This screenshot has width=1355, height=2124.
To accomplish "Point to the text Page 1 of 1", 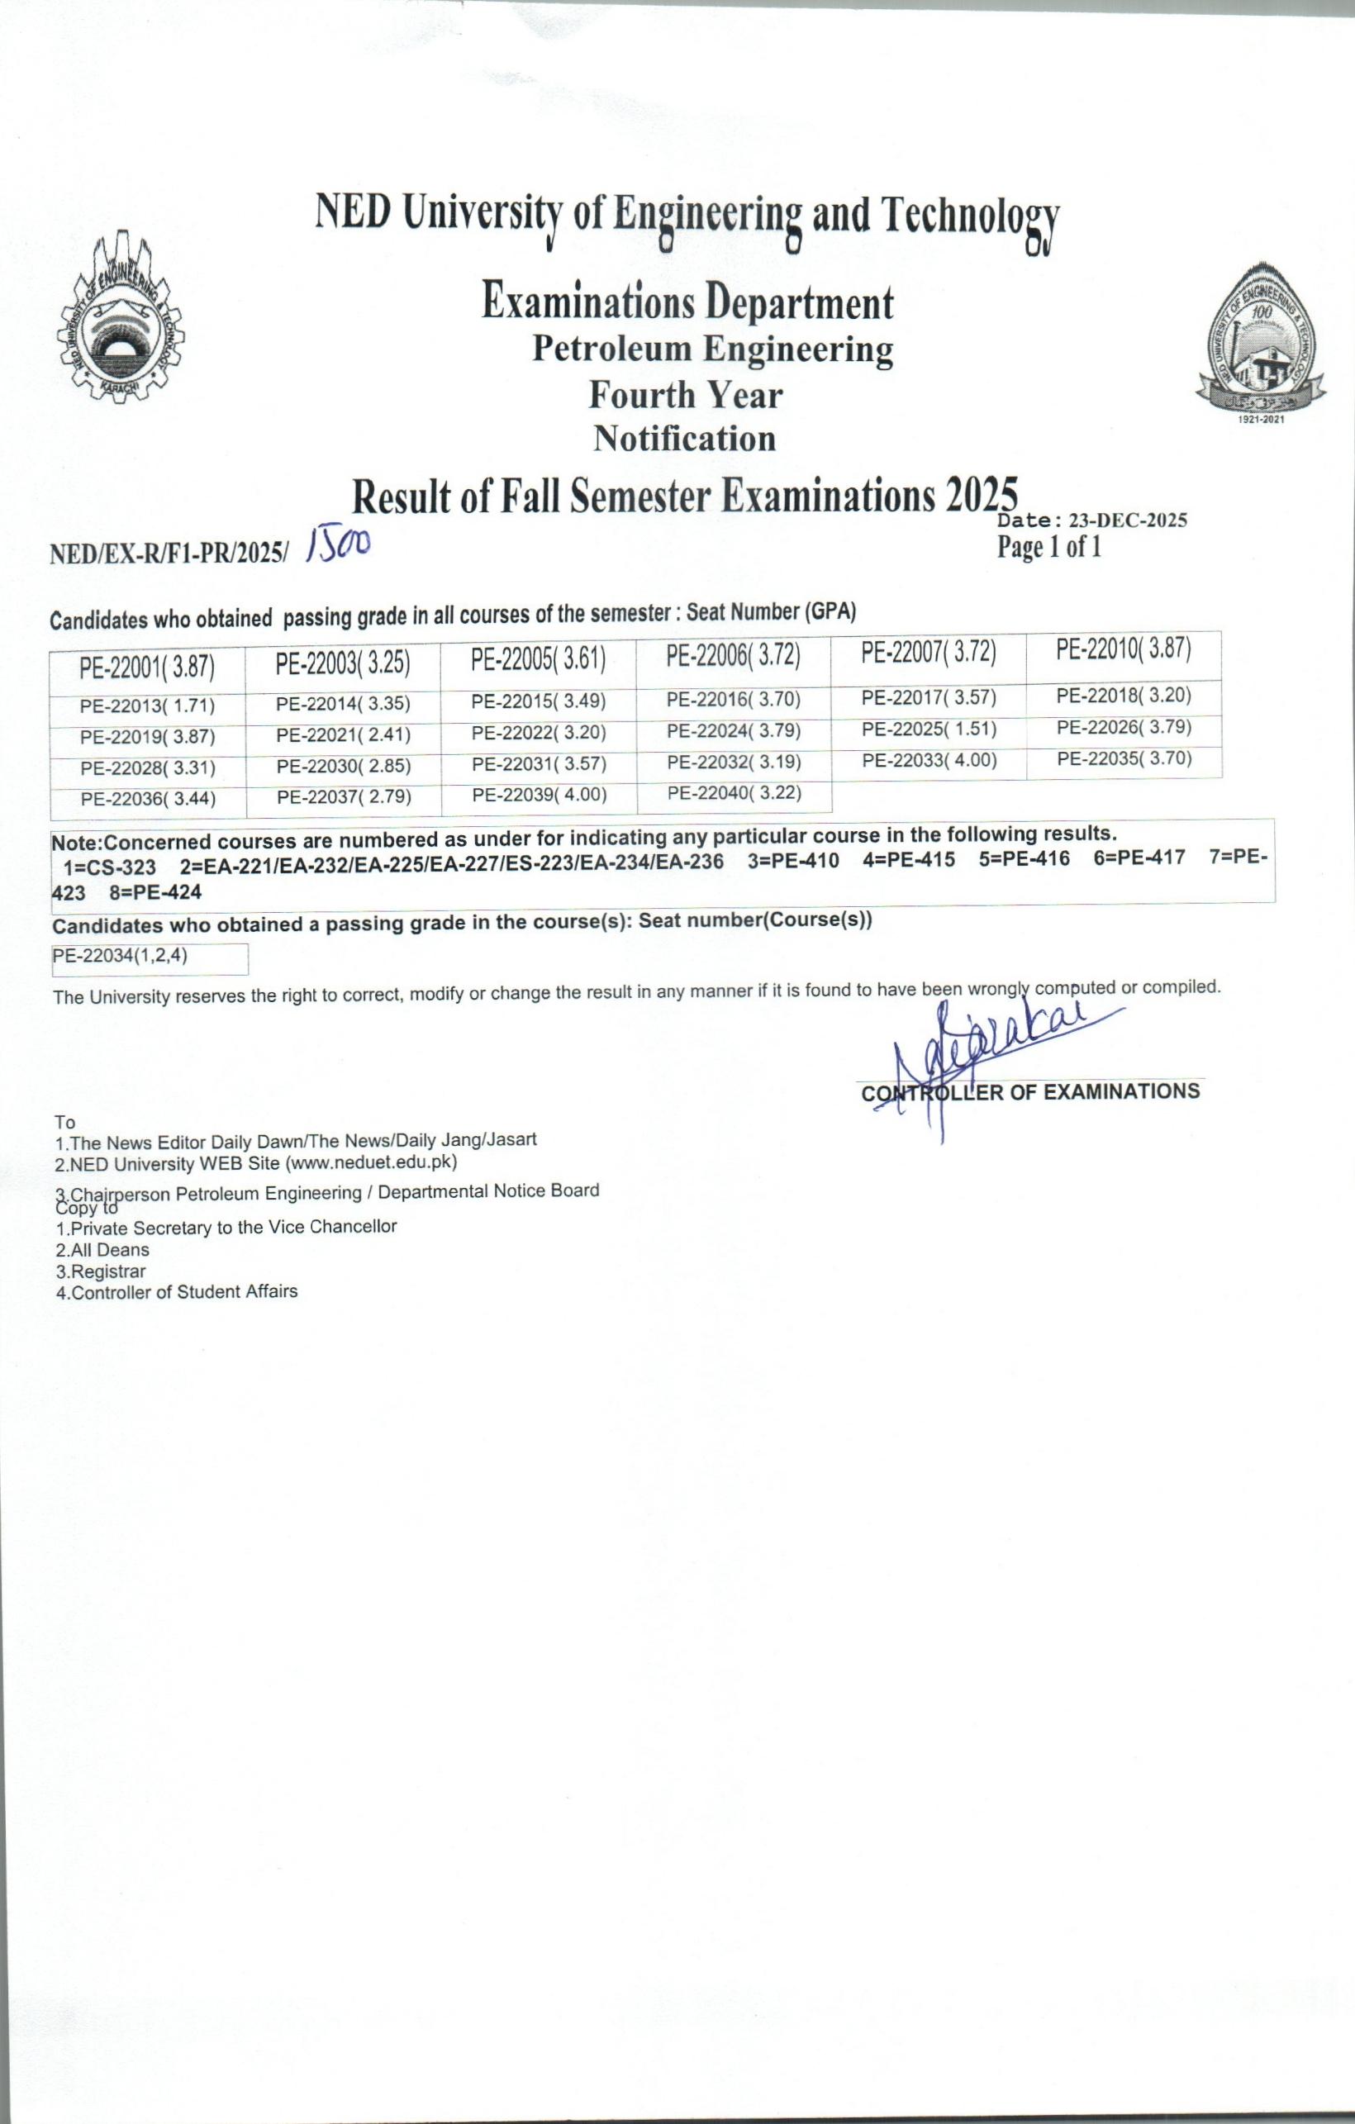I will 1049,548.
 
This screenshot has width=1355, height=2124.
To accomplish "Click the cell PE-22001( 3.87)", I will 147,667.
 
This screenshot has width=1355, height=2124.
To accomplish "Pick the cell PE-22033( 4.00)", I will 929,760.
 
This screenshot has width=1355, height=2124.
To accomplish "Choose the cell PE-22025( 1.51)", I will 929,729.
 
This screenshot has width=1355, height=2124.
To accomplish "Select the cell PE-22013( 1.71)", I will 147,706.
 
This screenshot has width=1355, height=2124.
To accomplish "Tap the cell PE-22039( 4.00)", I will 539,795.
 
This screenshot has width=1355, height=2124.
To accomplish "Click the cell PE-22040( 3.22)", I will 734,793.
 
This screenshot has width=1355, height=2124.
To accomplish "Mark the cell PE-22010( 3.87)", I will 1124,650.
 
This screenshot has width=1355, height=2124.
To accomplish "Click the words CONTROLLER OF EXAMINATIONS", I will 1030,1092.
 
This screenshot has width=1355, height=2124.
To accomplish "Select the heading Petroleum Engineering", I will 712,349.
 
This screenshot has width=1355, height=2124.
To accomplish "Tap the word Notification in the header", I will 685,439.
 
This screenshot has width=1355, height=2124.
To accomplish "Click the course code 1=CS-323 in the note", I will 109,866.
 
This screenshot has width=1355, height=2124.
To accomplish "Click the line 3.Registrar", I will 100,1271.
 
